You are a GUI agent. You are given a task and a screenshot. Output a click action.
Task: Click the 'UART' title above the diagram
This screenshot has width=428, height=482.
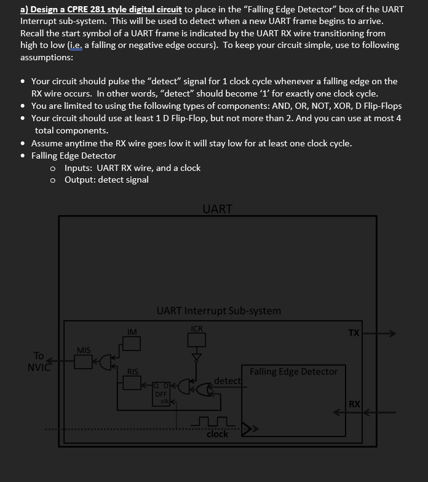tap(217, 208)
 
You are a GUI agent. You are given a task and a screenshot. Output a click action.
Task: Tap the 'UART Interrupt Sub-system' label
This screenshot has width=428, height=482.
tap(218, 310)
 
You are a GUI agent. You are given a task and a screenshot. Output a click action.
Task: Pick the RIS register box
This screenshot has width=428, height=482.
tap(132, 382)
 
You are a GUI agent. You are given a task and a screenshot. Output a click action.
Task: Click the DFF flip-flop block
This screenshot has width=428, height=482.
tap(161, 394)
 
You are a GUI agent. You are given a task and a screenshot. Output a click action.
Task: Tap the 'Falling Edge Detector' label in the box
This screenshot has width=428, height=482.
tap(293, 371)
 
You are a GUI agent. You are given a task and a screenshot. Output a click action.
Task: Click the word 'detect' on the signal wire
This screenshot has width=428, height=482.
tap(227, 381)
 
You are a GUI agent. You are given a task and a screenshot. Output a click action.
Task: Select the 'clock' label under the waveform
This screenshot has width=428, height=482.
tap(217, 434)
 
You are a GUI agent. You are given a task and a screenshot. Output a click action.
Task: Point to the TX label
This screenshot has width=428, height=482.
tap(354, 333)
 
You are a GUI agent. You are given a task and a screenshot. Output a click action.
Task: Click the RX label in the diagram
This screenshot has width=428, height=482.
tap(354, 404)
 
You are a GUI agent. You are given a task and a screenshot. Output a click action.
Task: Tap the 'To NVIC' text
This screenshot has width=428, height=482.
tap(38, 361)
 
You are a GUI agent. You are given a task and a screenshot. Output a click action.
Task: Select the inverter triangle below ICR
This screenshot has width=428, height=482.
tap(197, 357)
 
